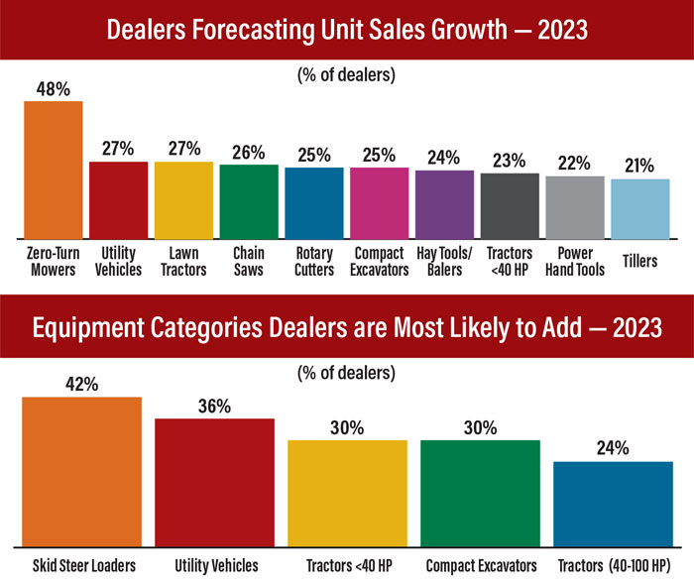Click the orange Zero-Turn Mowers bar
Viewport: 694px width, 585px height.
click(53, 170)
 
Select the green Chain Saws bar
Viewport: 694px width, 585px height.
click(249, 201)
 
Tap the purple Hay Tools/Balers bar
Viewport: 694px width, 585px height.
click(444, 204)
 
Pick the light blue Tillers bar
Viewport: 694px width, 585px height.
click(639, 208)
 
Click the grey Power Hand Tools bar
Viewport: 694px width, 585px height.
click(575, 207)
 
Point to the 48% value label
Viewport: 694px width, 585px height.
click(53, 87)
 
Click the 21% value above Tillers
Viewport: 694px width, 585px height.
click(639, 166)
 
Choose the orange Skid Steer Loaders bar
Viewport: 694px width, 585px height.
click(81, 471)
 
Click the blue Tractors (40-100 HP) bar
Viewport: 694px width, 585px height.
click(612, 504)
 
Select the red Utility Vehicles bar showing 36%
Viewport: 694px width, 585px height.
click(214, 482)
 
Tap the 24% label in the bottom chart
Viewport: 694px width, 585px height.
click(612, 448)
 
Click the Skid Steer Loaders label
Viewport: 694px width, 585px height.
click(81, 566)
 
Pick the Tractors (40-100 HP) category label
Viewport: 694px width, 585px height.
click(612, 566)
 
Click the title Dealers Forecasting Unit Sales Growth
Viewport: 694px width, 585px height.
click(347, 31)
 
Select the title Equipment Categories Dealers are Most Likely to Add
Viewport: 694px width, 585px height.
click(347, 327)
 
